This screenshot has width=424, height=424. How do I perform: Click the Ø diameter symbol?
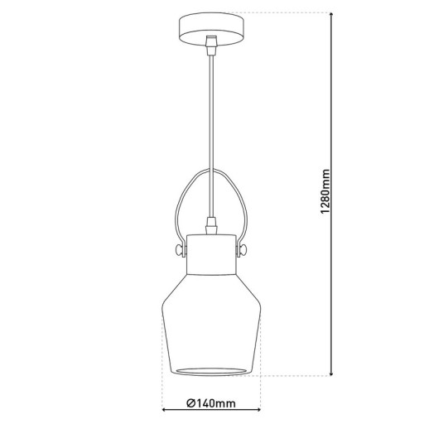pos(191,403)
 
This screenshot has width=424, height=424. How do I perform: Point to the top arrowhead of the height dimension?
pos(332,17)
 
